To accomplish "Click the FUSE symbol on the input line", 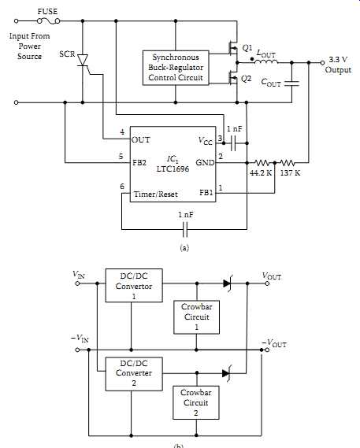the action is coord(49,20).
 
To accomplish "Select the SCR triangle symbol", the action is coord(83,60).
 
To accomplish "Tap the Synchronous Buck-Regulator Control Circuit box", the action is coord(176,68).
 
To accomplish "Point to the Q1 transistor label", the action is coord(247,48).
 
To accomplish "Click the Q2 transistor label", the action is coord(247,78).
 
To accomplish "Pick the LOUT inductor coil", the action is coord(265,61).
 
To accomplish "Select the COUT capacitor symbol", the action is coord(291,83).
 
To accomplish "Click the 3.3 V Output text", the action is coord(338,65).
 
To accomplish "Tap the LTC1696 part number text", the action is coord(173,168).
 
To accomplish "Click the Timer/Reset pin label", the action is coord(155,194).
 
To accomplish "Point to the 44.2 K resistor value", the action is coord(261,173).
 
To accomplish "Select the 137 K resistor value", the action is coord(290,173).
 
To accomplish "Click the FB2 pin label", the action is coord(139,162).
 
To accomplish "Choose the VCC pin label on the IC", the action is coord(206,140).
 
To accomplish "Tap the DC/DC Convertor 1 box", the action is coord(134,286).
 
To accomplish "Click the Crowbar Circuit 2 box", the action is coord(196,402).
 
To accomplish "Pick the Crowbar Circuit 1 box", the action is coord(196,317).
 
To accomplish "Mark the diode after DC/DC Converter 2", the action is coord(227,373).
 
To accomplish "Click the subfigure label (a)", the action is coord(184,247).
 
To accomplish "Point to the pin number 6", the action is coord(122,187).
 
